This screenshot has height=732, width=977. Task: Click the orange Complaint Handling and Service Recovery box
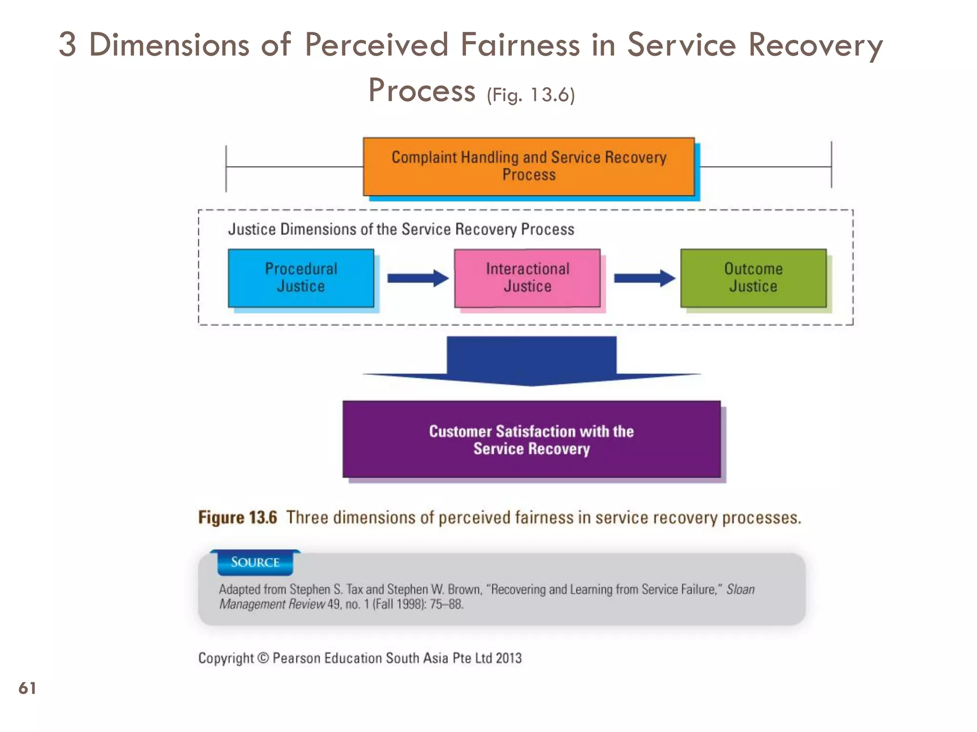pyautogui.click(x=529, y=166)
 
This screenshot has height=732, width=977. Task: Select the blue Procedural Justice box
pyautogui.click(x=301, y=278)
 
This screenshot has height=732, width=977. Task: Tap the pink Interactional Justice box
pyautogui.click(x=527, y=278)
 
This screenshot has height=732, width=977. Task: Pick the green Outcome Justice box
pyautogui.click(x=753, y=278)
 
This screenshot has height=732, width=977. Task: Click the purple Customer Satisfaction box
pyautogui.click(x=531, y=439)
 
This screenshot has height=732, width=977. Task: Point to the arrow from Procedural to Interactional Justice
pyautogui.click(x=417, y=278)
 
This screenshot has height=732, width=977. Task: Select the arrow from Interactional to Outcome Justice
pyautogui.click(x=644, y=278)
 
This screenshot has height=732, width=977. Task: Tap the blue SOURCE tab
pyautogui.click(x=255, y=562)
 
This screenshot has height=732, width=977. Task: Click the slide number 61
pyautogui.click(x=27, y=688)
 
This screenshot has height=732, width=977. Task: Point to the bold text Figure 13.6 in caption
pyautogui.click(x=237, y=518)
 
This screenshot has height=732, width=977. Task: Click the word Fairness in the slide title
pyautogui.click(x=520, y=45)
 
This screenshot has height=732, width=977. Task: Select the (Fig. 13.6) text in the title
pyautogui.click(x=530, y=95)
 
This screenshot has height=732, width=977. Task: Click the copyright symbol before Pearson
pyautogui.click(x=263, y=658)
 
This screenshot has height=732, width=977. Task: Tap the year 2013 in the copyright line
pyautogui.click(x=509, y=658)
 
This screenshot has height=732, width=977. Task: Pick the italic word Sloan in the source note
pyautogui.click(x=740, y=590)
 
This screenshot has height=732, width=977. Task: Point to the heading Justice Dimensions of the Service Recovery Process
pyautogui.click(x=401, y=229)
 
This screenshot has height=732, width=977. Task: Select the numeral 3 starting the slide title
pyautogui.click(x=67, y=45)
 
